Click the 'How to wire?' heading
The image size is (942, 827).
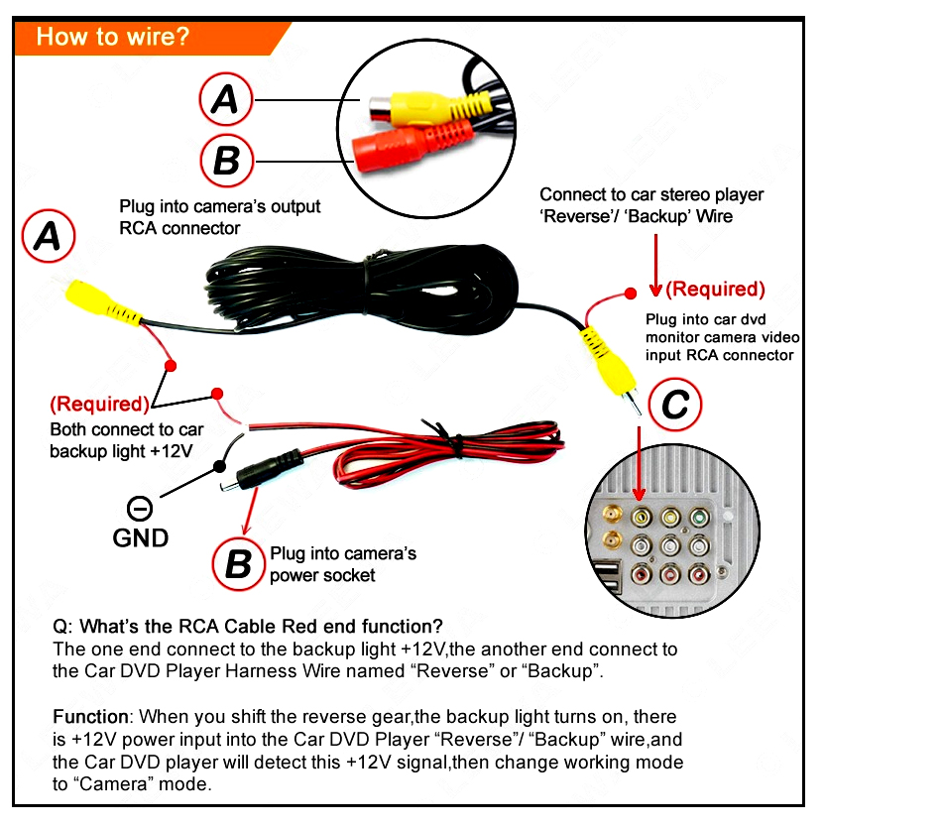tap(112, 38)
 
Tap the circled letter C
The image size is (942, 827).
tap(674, 406)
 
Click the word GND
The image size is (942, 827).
tap(140, 538)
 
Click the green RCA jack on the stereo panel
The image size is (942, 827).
tap(702, 517)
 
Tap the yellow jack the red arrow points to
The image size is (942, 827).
tap(642, 516)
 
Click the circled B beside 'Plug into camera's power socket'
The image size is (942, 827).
tap(238, 563)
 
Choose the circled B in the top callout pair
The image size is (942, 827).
tap(226, 161)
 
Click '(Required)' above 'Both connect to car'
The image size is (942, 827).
tap(99, 404)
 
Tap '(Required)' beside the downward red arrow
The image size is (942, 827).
tap(715, 289)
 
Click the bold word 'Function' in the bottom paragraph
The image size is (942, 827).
tap(90, 717)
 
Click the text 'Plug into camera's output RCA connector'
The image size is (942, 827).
tap(219, 217)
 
